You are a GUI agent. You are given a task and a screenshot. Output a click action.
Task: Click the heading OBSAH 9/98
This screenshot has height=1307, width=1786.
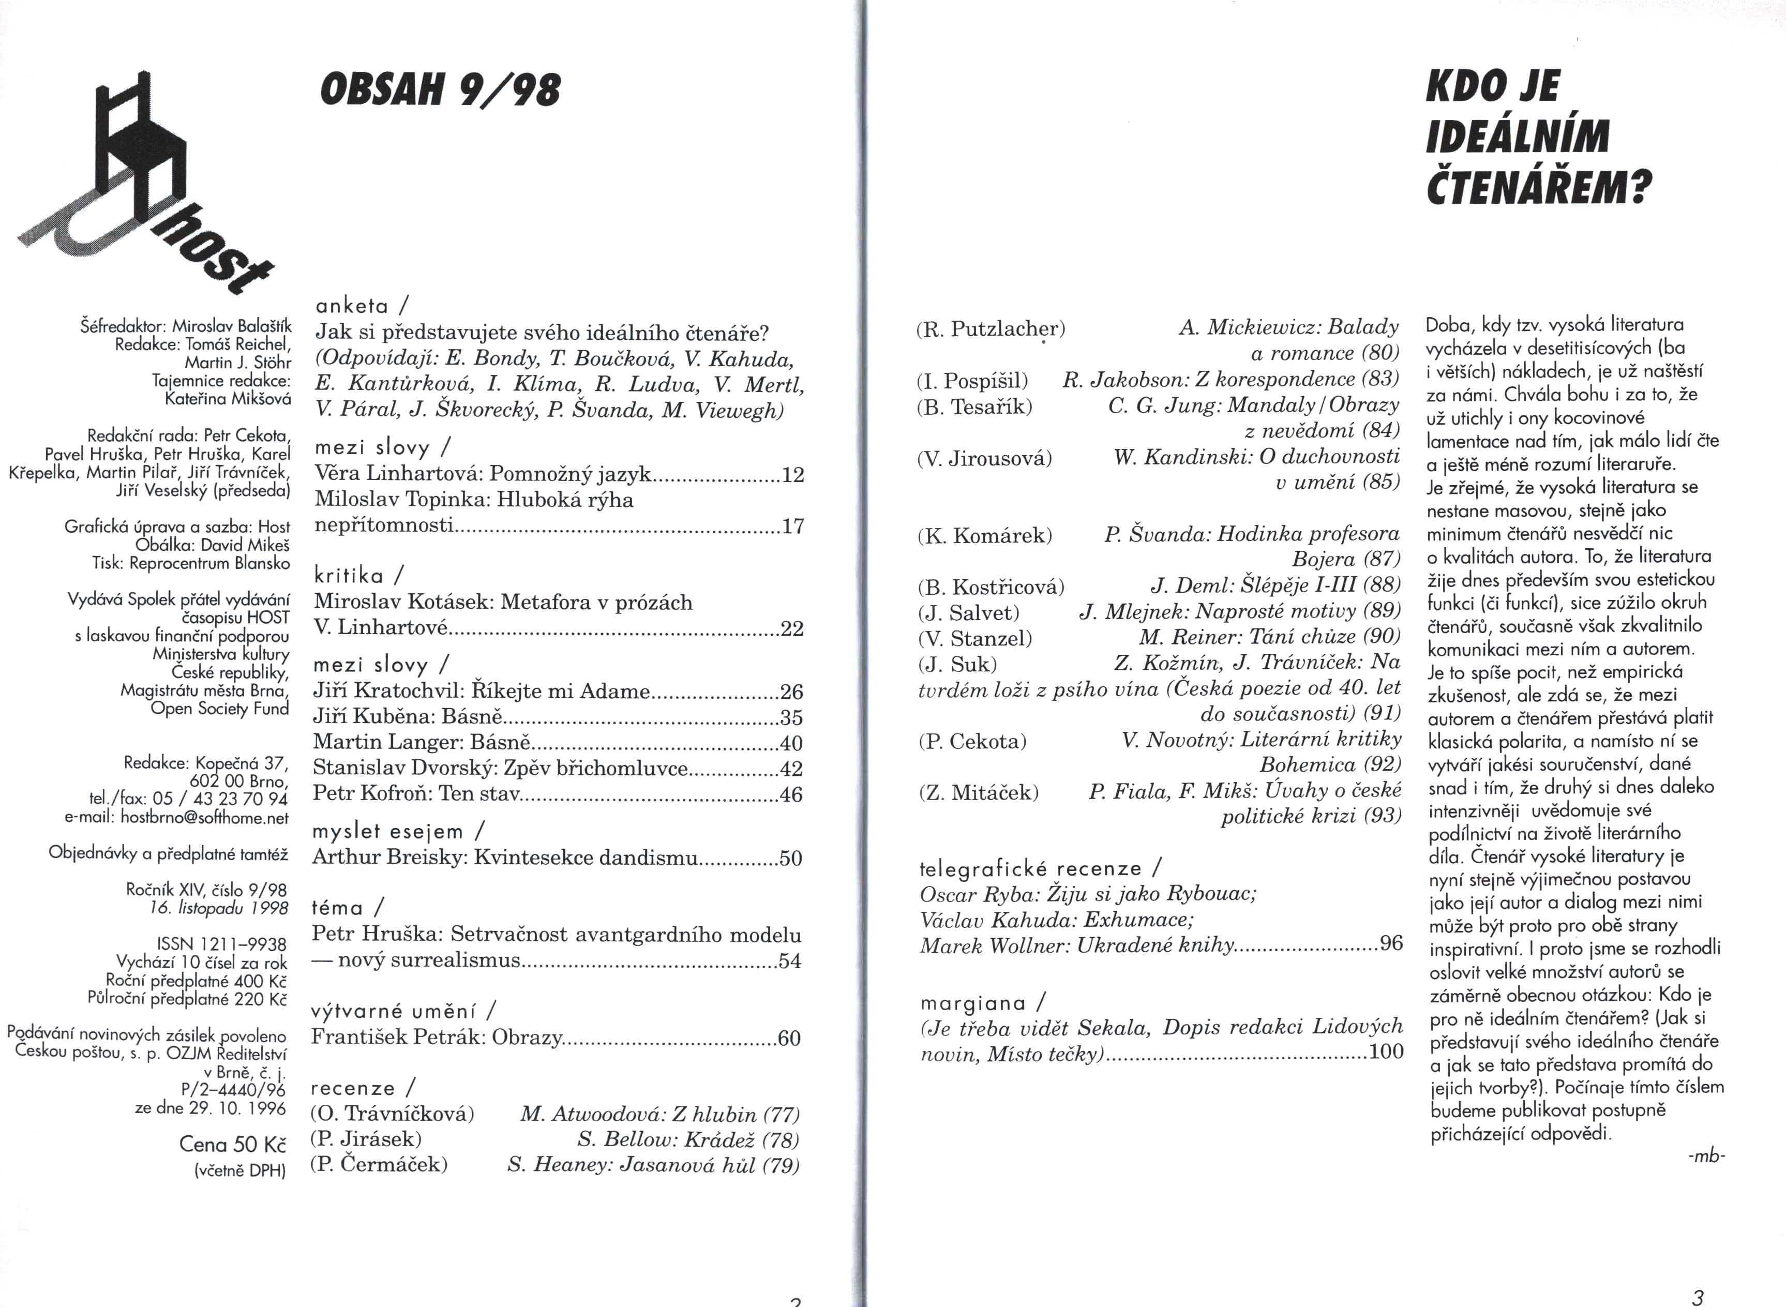pos(440,89)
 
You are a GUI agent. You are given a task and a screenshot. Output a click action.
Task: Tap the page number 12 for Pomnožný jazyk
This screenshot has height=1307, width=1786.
pos(792,475)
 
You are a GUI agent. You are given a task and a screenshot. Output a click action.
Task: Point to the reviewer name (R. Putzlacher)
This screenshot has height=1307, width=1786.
pos(990,329)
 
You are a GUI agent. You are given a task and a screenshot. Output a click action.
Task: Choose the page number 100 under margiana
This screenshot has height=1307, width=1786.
pos(1386,1051)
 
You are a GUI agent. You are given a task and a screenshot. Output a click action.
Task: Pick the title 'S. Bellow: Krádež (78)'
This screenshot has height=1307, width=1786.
pos(687,1139)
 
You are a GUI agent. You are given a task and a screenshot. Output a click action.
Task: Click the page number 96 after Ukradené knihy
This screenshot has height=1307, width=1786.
pos(1391,943)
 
